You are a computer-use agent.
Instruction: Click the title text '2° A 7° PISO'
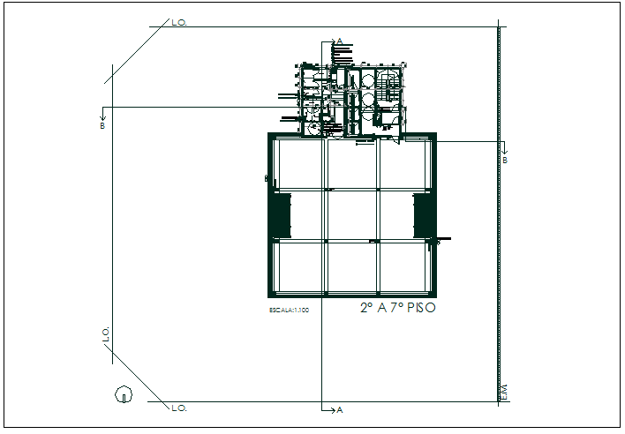[397, 309]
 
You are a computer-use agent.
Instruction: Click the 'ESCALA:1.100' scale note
[290, 311]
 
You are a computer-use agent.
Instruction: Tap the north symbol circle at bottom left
[123, 394]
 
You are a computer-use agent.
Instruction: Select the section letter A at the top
[339, 41]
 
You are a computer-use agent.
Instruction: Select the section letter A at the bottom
[339, 411]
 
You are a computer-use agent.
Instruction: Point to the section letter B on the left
[102, 126]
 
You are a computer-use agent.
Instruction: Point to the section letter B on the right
[505, 161]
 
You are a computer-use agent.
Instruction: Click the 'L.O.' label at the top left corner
[179, 21]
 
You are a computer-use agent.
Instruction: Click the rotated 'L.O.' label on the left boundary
[106, 334]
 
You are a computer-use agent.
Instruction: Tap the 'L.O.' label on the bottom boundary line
[179, 408]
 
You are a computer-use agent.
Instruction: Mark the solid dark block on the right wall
[423, 214]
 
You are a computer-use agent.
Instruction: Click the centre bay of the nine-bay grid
[352, 214]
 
